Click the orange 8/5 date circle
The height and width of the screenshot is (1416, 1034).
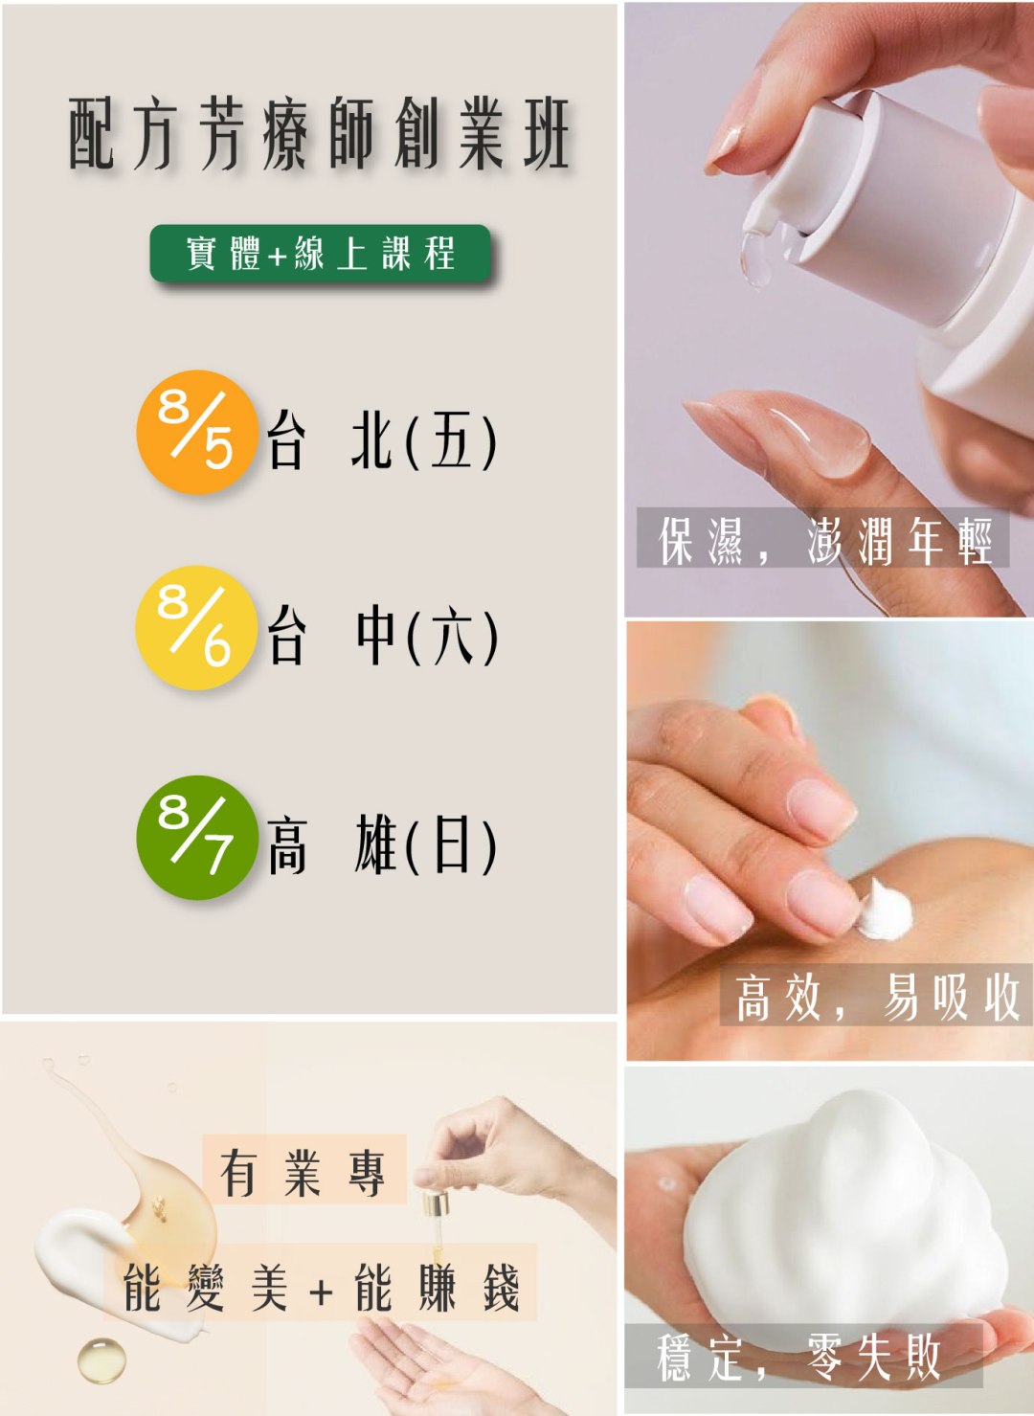pyautogui.click(x=197, y=432)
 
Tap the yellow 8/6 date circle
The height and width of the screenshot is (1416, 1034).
pyautogui.click(x=196, y=627)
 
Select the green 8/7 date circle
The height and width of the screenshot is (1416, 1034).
pyautogui.click(x=197, y=837)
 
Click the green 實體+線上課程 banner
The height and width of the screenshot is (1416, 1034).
pyautogui.click(x=320, y=254)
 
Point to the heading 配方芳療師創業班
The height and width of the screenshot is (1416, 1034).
pyautogui.click(x=319, y=134)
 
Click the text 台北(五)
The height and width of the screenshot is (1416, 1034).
pyautogui.click(x=382, y=440)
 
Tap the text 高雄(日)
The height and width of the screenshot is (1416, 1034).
pyautogui.click(x=382, y=844)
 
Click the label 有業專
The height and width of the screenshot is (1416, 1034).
pyautogui.click(x=303, y=1173)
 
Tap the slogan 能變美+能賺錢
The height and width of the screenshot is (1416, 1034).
pyautogui.click(x=321, y=1289)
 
